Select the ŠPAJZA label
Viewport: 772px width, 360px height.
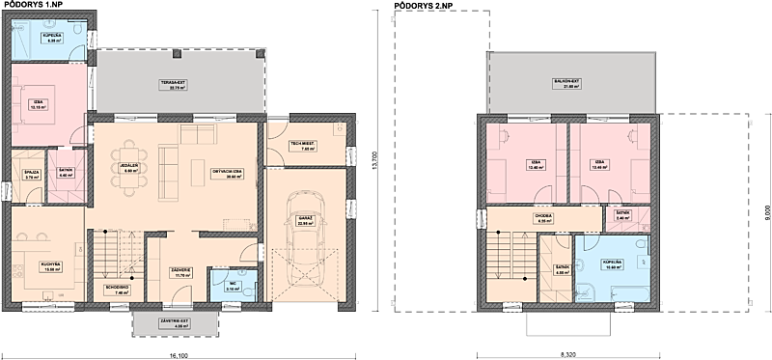click(31, 175)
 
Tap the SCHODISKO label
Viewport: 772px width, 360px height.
click(115, 288)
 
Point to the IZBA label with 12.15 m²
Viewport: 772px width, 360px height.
click(40, 105)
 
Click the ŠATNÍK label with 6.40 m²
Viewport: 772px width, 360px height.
click(67, 173)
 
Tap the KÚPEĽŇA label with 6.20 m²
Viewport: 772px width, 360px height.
click(51, 40)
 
